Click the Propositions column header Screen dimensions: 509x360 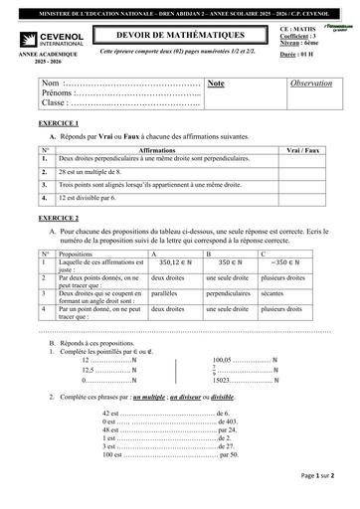79,254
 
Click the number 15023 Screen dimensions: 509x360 225,381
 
